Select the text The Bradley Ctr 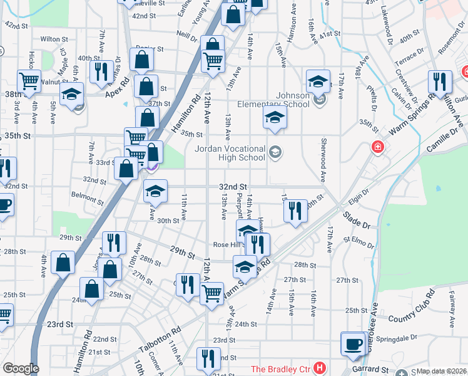pos(280,368)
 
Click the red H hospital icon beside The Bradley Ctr pos(320,368)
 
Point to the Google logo pos(21,368)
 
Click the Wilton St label pos(54,39)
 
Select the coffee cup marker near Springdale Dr pos(354,344)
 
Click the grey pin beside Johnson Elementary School pos(320,100)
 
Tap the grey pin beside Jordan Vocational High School pos(275,152)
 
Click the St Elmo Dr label pos(357,239)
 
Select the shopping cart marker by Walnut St pos(29,81)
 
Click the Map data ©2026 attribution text pos(442,371)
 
